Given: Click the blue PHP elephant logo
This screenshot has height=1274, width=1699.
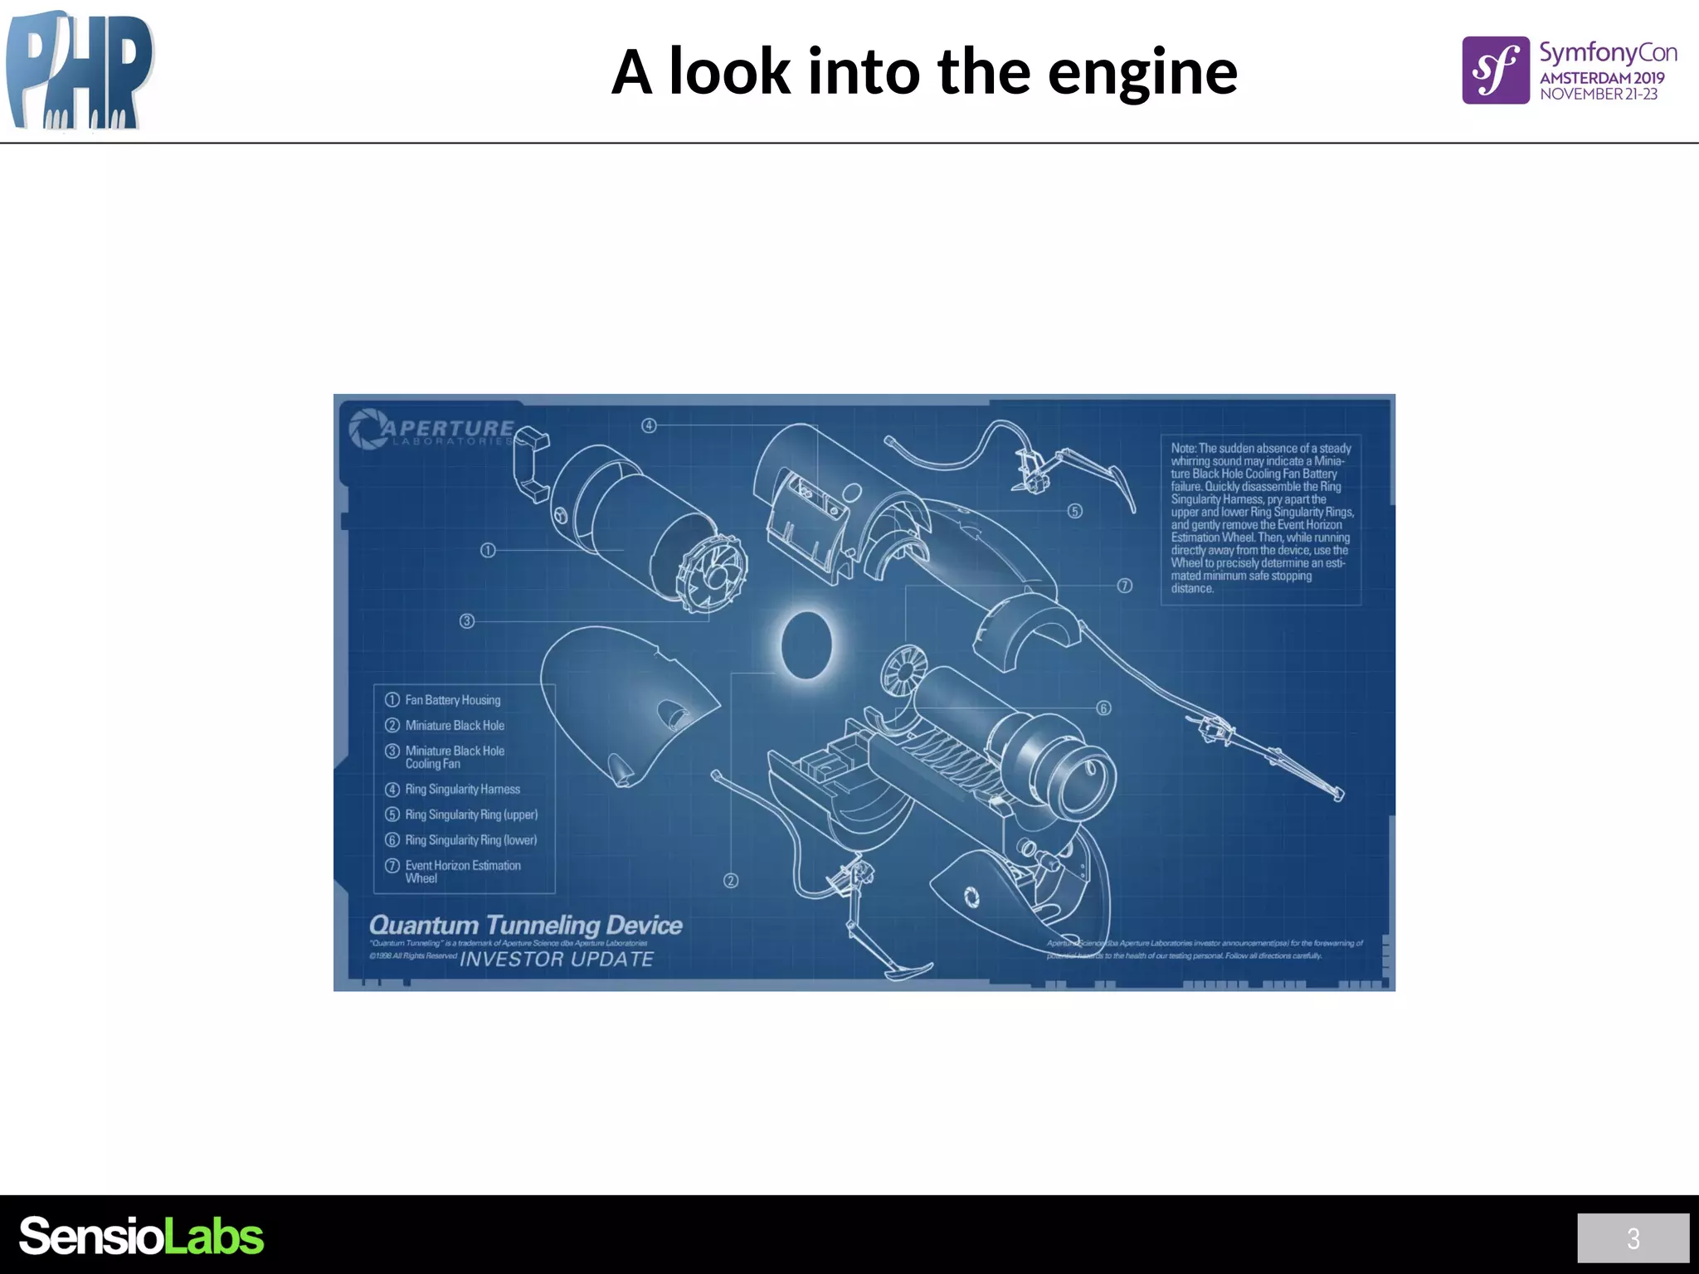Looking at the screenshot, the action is pos(80,71).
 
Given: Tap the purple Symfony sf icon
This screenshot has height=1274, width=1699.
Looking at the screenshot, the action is pos(1495,71).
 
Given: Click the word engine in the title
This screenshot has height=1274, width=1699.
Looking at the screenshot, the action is pos(1142,73).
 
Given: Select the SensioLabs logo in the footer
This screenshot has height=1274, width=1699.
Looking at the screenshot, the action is pos(141,1236).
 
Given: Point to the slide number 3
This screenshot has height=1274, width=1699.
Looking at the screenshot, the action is pos(1633,1238).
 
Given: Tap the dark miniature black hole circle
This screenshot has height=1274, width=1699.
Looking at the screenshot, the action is pos(806,645).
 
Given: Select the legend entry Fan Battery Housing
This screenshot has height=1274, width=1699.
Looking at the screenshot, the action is pos(452,700).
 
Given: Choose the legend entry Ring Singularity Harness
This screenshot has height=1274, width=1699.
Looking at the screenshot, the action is pos(462,790).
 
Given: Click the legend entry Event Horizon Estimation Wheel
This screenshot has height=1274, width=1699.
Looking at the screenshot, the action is pos(462,871).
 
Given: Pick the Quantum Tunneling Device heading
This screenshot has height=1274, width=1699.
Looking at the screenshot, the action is pos(525,925).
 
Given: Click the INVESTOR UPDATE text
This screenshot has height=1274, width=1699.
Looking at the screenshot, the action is pos(557,960).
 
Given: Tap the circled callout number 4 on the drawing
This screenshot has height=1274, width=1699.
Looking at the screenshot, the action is pos(649,425).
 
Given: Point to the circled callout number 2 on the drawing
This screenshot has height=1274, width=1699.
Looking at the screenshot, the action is pos(731,881).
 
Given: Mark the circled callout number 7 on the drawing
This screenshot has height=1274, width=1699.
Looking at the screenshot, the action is pos(1124,586).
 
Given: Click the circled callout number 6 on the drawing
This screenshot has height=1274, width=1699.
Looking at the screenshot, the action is pos(1103,708).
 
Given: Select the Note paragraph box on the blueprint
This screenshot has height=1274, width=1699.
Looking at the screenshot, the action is pos(1261,518).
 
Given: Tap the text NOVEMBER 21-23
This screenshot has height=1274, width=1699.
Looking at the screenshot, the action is pos(1599,95).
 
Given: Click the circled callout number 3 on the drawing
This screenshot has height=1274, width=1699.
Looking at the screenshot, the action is pos(467,620).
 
